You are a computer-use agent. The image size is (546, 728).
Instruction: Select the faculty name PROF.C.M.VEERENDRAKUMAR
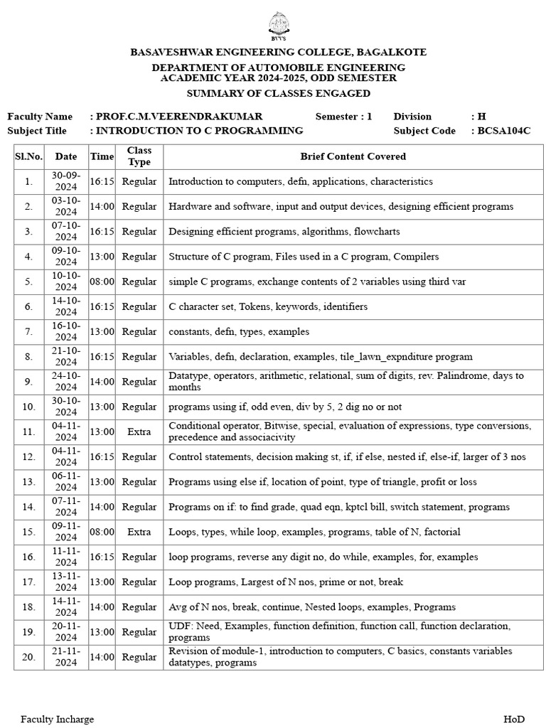(x=178, y=117)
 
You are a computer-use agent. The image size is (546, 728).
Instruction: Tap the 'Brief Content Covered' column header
(x=353, y=156)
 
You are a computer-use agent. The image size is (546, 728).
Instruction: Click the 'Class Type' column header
(x=139, y=156)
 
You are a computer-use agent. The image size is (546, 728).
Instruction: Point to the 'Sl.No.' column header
(x=28, y=156)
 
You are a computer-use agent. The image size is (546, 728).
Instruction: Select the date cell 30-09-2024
(x=65, y=181)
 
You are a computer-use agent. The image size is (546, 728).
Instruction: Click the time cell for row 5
(x=102, y=282)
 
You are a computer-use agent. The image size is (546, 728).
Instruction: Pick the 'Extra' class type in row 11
(x=139, y=432)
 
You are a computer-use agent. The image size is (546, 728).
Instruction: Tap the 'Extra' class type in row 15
(x=139, y=532)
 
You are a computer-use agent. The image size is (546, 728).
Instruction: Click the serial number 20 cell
(x=28, y=657)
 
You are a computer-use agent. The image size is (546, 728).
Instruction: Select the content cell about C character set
(x=268, y=306)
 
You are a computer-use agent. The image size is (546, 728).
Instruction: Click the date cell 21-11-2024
(x=65, y=657)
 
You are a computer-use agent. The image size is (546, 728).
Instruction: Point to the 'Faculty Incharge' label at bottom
(x=57, y=719)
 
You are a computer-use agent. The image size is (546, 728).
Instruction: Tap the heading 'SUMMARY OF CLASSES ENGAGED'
(x=278, y=94)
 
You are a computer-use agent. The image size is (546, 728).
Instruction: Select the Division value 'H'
(x=481, y=117)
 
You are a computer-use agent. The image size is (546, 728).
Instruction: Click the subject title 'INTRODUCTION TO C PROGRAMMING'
(x=199, y=131)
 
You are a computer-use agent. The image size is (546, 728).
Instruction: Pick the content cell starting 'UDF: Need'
(x=339, y=632)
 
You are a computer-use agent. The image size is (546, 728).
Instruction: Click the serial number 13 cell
(x=28, y=482)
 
